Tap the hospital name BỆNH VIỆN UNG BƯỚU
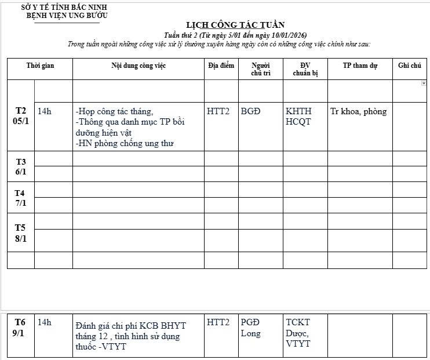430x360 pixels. coord(67,16)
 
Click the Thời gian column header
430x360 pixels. coord(40,66)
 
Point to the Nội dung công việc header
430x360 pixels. coord(139,66)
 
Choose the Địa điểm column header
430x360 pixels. coord(221,66)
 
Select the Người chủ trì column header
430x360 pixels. coord(260,69)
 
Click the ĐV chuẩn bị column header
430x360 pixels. coord(305,69)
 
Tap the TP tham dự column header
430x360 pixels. coord(359,66)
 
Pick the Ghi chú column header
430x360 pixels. coord(409,66)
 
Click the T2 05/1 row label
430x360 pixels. coord(21,115)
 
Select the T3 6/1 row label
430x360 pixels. coord(21,166)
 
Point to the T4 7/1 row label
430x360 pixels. coord(21,198)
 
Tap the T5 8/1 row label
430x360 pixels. coord(21,232)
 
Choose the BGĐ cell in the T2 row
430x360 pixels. coord(251,111)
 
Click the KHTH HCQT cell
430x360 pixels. coord(298,116)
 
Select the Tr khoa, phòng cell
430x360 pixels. coord(358,111)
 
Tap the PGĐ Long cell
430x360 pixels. coord(251,328)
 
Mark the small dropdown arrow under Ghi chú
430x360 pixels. coord(424,83)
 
